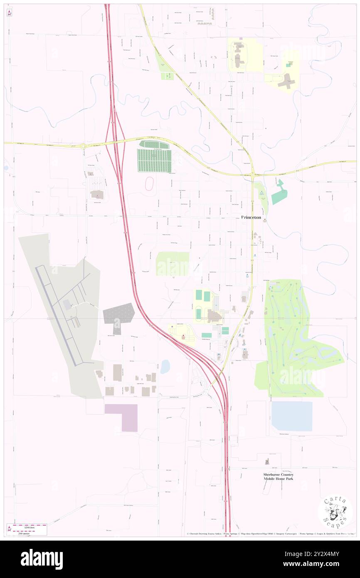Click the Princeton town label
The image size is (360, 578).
[x=252, y=217]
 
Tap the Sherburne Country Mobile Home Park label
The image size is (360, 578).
[x=278, y=477]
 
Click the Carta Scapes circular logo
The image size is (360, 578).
[x=335, y=512]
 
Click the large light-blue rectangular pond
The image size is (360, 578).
[x=291, y=416]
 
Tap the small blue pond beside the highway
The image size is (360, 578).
[x=165, y=366]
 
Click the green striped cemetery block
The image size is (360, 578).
[x=154, y=160]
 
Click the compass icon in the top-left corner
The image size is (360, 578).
[x=9, y=12]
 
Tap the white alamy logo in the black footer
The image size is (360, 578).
[x=42, y=559]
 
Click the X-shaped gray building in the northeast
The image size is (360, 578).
[x=286, y=80]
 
